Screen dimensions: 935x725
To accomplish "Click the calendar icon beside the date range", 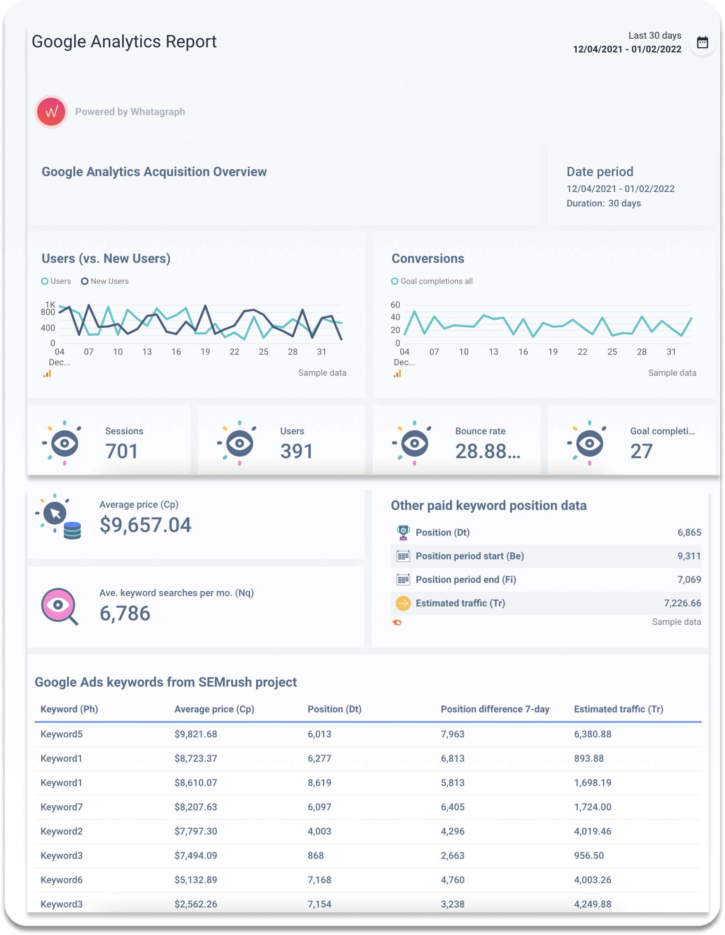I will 702,42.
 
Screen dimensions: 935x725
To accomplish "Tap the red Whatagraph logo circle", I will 51,112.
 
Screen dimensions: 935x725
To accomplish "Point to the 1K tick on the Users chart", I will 50,304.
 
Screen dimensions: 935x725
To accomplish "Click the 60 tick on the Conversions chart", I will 395,305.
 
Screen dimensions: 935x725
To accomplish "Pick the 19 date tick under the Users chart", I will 205,352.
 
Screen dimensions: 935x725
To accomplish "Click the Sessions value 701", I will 122,451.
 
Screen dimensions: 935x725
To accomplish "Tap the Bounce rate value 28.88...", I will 487,451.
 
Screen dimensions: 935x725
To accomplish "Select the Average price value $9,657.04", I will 145,525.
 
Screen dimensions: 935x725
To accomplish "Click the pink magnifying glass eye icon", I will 59,606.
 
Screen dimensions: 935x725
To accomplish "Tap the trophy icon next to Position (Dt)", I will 403,532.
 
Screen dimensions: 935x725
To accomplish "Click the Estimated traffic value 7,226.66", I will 682,603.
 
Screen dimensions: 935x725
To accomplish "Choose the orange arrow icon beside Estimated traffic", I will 403,603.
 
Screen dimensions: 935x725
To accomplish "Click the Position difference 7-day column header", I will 495,709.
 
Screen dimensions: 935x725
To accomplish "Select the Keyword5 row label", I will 61,734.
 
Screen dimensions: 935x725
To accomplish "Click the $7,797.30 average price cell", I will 195,831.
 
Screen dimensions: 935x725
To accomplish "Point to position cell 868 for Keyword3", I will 315,855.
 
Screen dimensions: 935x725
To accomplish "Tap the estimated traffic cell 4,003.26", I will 592,880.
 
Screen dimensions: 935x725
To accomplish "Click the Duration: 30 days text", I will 603,203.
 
